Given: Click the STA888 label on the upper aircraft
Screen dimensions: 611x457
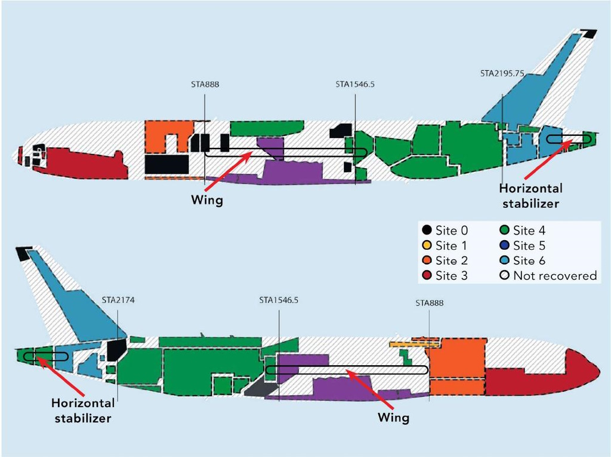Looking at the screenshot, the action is click(x=205, y=84).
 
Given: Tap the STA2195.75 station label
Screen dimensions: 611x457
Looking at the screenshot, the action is click(x=502, y=73).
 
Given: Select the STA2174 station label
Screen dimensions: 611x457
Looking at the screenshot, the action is click(x=118, y=300).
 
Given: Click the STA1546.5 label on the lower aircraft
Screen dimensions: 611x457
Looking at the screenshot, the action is click(x=279, y=300).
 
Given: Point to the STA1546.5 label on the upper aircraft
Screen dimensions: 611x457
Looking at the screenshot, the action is click(x=355, y=84).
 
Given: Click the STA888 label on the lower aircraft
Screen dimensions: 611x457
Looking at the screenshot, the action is click(x=430, y=303).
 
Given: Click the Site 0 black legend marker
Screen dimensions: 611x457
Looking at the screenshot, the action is click(x=427, y=230).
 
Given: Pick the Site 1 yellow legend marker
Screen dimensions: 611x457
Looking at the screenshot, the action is click(x=427, y=245).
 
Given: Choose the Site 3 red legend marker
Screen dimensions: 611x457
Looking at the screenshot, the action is click(x=427, y=275).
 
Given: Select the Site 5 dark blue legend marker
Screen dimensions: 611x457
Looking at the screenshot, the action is click(x=505, y=245).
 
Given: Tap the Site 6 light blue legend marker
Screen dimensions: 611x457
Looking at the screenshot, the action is click(x=505, y=260).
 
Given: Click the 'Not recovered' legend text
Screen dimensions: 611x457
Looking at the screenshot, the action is click(x=555, y=276).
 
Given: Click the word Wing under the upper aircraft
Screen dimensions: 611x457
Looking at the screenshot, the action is click(x=207, y=200).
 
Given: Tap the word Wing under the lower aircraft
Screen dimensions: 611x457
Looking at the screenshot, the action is click(x=394, y=418).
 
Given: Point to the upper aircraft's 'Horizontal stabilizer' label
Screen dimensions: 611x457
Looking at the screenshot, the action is click(x=530, y=196).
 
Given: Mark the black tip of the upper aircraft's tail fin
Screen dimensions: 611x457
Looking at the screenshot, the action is click(x=588, y=33).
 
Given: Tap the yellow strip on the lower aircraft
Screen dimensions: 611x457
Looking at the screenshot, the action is click(x=416, y=344).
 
